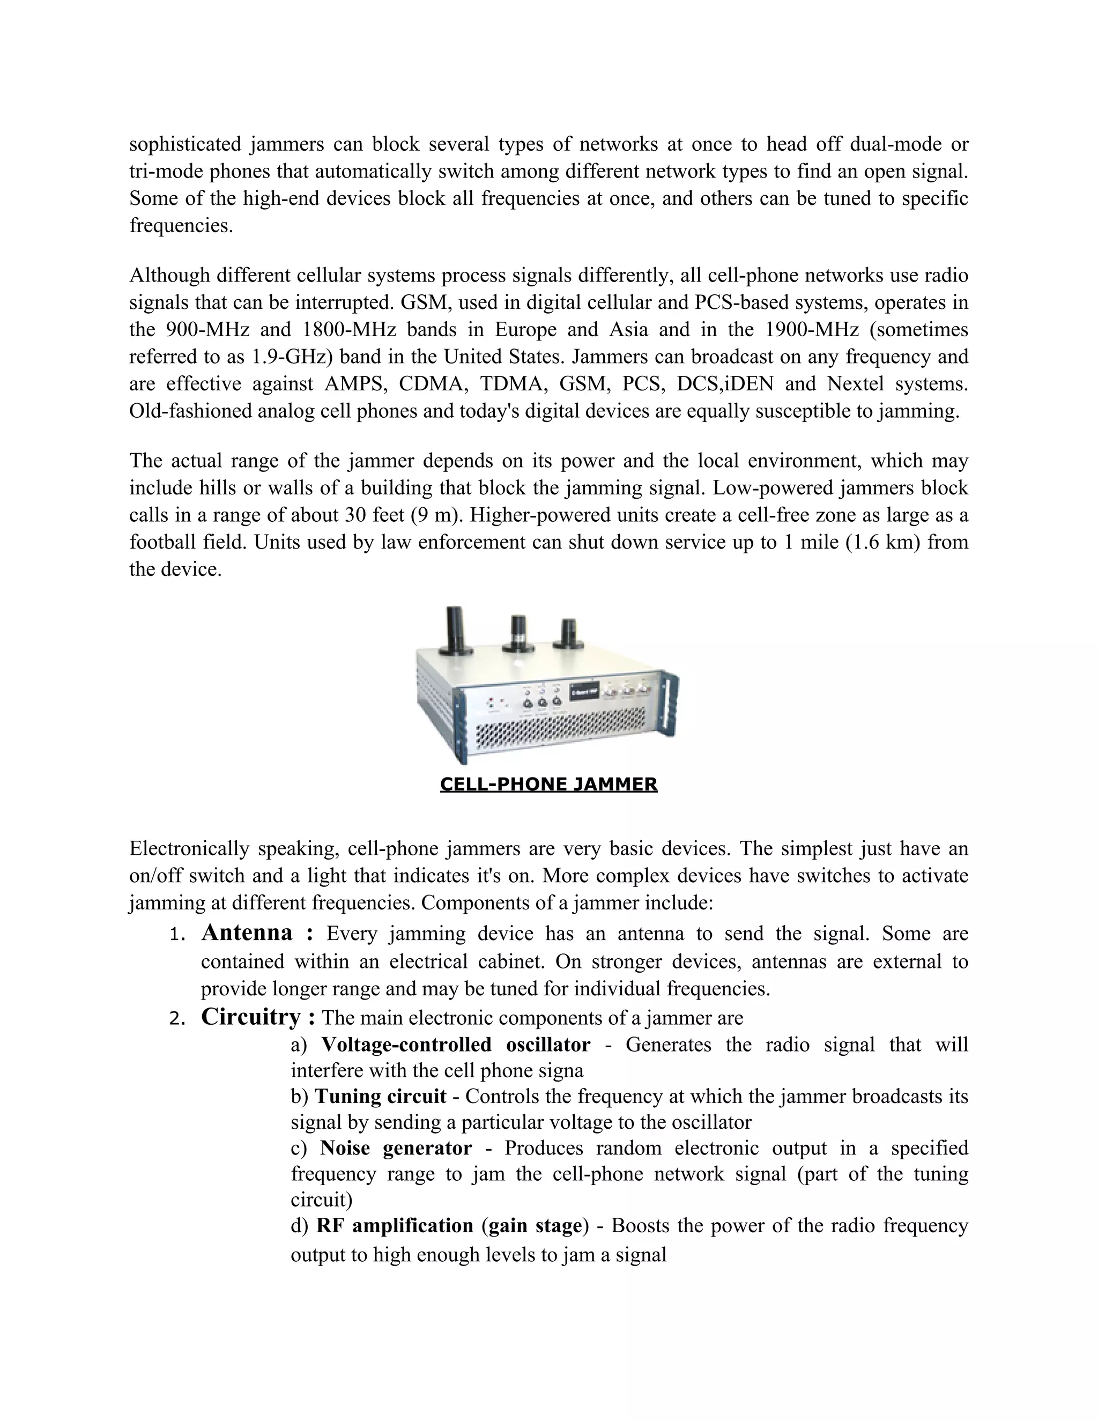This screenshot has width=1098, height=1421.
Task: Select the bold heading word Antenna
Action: coord(247,932)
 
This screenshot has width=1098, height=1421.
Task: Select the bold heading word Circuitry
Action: coord(250,1016)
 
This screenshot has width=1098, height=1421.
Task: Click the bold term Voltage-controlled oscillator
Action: coord(455,1044)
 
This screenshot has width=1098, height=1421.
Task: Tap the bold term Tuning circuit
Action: coord(381,1097)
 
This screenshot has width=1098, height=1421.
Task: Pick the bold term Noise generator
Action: coord(396,1148)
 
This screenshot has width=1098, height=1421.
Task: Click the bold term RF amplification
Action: coord(394,1226)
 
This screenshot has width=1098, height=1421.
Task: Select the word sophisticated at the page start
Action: coord(185,144)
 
